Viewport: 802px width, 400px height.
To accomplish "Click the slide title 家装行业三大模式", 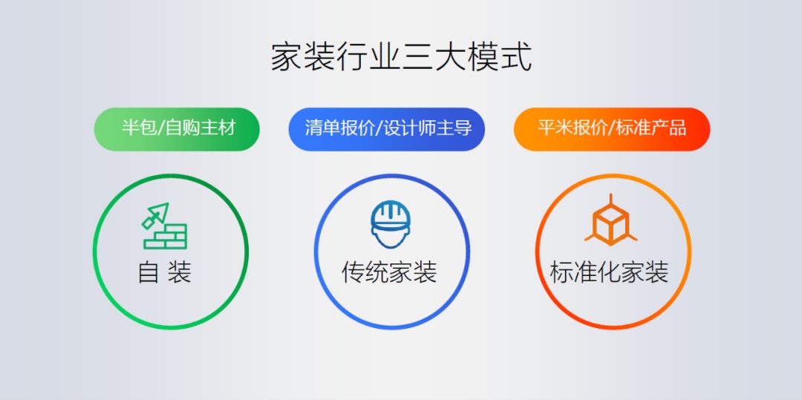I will (401, 57).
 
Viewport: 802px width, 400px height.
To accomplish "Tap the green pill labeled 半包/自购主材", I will (177, 128).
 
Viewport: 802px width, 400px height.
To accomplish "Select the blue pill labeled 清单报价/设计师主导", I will (387, 128).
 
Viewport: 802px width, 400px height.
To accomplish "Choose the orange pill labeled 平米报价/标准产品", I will (611, 128).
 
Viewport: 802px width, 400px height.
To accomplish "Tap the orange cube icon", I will (610, 221).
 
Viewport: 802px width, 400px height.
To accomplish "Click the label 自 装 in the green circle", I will (165, 272).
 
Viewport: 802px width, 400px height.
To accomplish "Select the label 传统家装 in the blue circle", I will (389, 272).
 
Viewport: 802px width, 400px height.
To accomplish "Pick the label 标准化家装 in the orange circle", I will (610, 272).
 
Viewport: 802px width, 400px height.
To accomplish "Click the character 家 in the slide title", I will (286, 57).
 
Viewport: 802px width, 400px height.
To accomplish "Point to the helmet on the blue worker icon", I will (391, 214).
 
